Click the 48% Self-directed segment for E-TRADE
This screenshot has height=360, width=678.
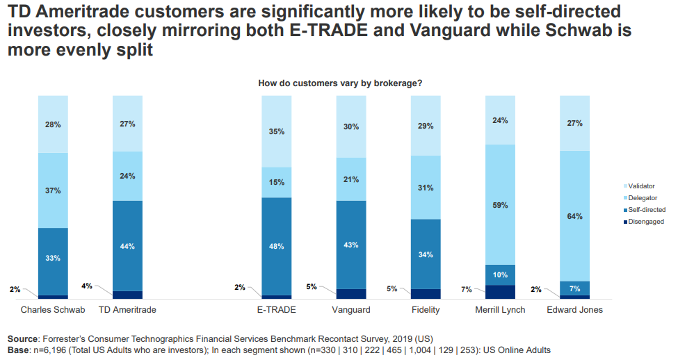pyautogui.click(x=276, y=246)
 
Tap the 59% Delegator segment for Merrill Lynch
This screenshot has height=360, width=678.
pyautogui.click(x=499, y=205)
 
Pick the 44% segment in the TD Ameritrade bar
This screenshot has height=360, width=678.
pyautogui.click(x=127, y=246)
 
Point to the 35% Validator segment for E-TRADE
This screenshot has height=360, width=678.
pyautogui.click(x=276, y=131)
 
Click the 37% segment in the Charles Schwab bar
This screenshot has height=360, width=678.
pyautogui.click(x=53, y=190)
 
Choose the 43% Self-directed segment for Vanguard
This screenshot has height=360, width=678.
pyautogui.click(x=350, y=245)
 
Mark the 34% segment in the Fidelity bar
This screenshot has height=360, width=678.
pyautogui.click(x=426, y=254)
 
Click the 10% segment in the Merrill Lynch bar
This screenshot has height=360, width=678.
pyautogui.click(x=499, y=275)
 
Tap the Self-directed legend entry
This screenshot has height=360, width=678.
pyautogui.click(x=647, y=209)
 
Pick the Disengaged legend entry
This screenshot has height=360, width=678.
pyautogui.click(x=645, y=222)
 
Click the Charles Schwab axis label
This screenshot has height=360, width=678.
pyautogui.click(x=53, y=310)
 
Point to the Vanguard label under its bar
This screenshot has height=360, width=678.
pyautogui.click(x=350, y=310)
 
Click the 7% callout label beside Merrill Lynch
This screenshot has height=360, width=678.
pyautogui.click(x=466, y=289)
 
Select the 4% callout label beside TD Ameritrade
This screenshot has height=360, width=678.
pyautogui.click(x=86, y=285)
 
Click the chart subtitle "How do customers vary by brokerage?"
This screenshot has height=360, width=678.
pyautogui.click(x=340, y=83)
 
